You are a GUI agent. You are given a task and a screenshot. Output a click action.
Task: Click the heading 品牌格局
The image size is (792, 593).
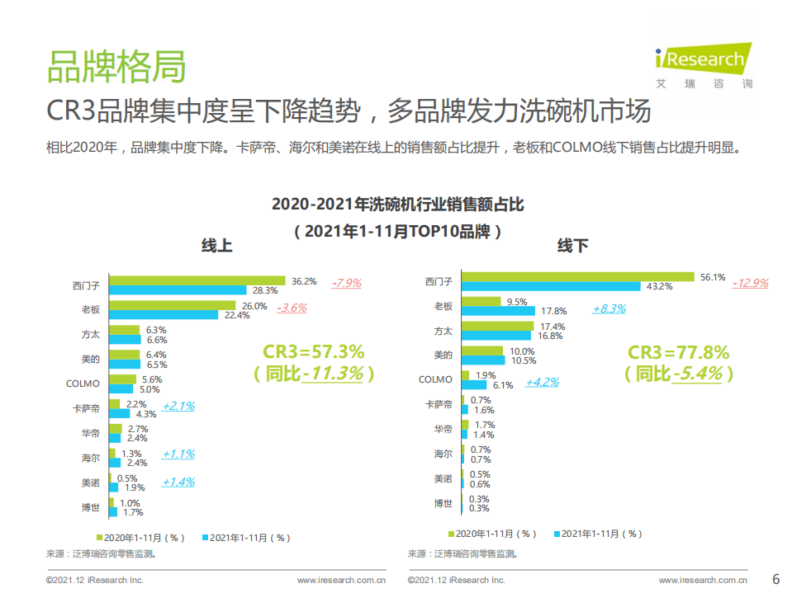116,67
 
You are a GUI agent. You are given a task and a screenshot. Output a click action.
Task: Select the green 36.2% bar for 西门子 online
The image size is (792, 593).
197,281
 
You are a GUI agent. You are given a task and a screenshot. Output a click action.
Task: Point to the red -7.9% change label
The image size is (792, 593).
347,283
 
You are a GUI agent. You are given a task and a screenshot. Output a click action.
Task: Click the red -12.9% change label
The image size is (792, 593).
750,283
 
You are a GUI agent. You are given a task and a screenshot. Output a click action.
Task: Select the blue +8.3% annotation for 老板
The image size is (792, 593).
609,308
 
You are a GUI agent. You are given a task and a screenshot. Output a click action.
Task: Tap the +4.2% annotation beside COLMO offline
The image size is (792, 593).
542,382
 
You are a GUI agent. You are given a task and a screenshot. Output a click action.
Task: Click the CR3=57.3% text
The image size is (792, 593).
313,352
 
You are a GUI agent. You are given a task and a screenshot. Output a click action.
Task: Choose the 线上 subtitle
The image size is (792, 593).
217,246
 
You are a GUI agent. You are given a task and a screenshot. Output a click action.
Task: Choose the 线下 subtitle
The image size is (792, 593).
572,246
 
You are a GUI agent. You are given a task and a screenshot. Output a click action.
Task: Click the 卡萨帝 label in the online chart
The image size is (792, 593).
86,408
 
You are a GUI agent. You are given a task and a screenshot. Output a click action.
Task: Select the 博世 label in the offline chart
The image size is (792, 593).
443,503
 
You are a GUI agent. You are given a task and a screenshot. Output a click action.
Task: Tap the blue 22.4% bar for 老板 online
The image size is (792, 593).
164,315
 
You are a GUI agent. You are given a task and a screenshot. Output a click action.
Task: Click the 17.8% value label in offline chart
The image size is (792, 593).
553,312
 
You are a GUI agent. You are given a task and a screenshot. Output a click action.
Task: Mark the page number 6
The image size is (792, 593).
775,577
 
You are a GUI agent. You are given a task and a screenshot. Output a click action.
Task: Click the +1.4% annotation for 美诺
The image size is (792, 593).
178,482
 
